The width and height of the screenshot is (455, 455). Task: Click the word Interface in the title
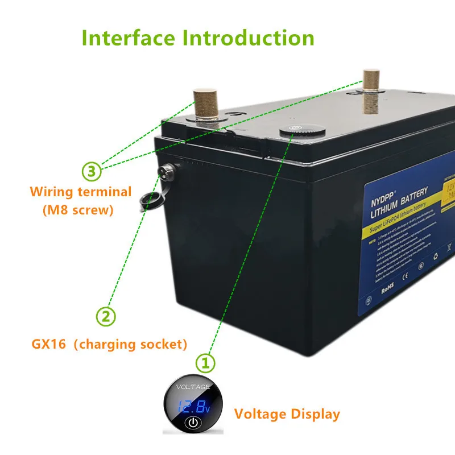pyautogui.click(x=129, y=38)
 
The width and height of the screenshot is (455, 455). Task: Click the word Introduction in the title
pyautogui.click(x=248, y=38)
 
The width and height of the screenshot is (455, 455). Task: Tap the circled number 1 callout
pyautogui.click(x=205, y=362)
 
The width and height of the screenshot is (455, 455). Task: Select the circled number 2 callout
pyautogui.click(x=106, y=316)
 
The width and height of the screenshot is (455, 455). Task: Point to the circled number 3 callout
pyautogui.click(x=92, y=170)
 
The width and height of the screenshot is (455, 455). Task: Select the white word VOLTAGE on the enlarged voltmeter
pyautogui.click(x=193, y=388)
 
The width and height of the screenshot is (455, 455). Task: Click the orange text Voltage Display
pyautogui.click(x=287, y=413)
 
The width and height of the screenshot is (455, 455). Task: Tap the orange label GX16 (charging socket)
pyautogui.click(x=109, y=344)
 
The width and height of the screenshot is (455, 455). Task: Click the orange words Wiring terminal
pyautogui.click(x=81, y=192)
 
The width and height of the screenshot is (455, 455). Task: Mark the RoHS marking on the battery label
pyautogui.click(x=387, y=288)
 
